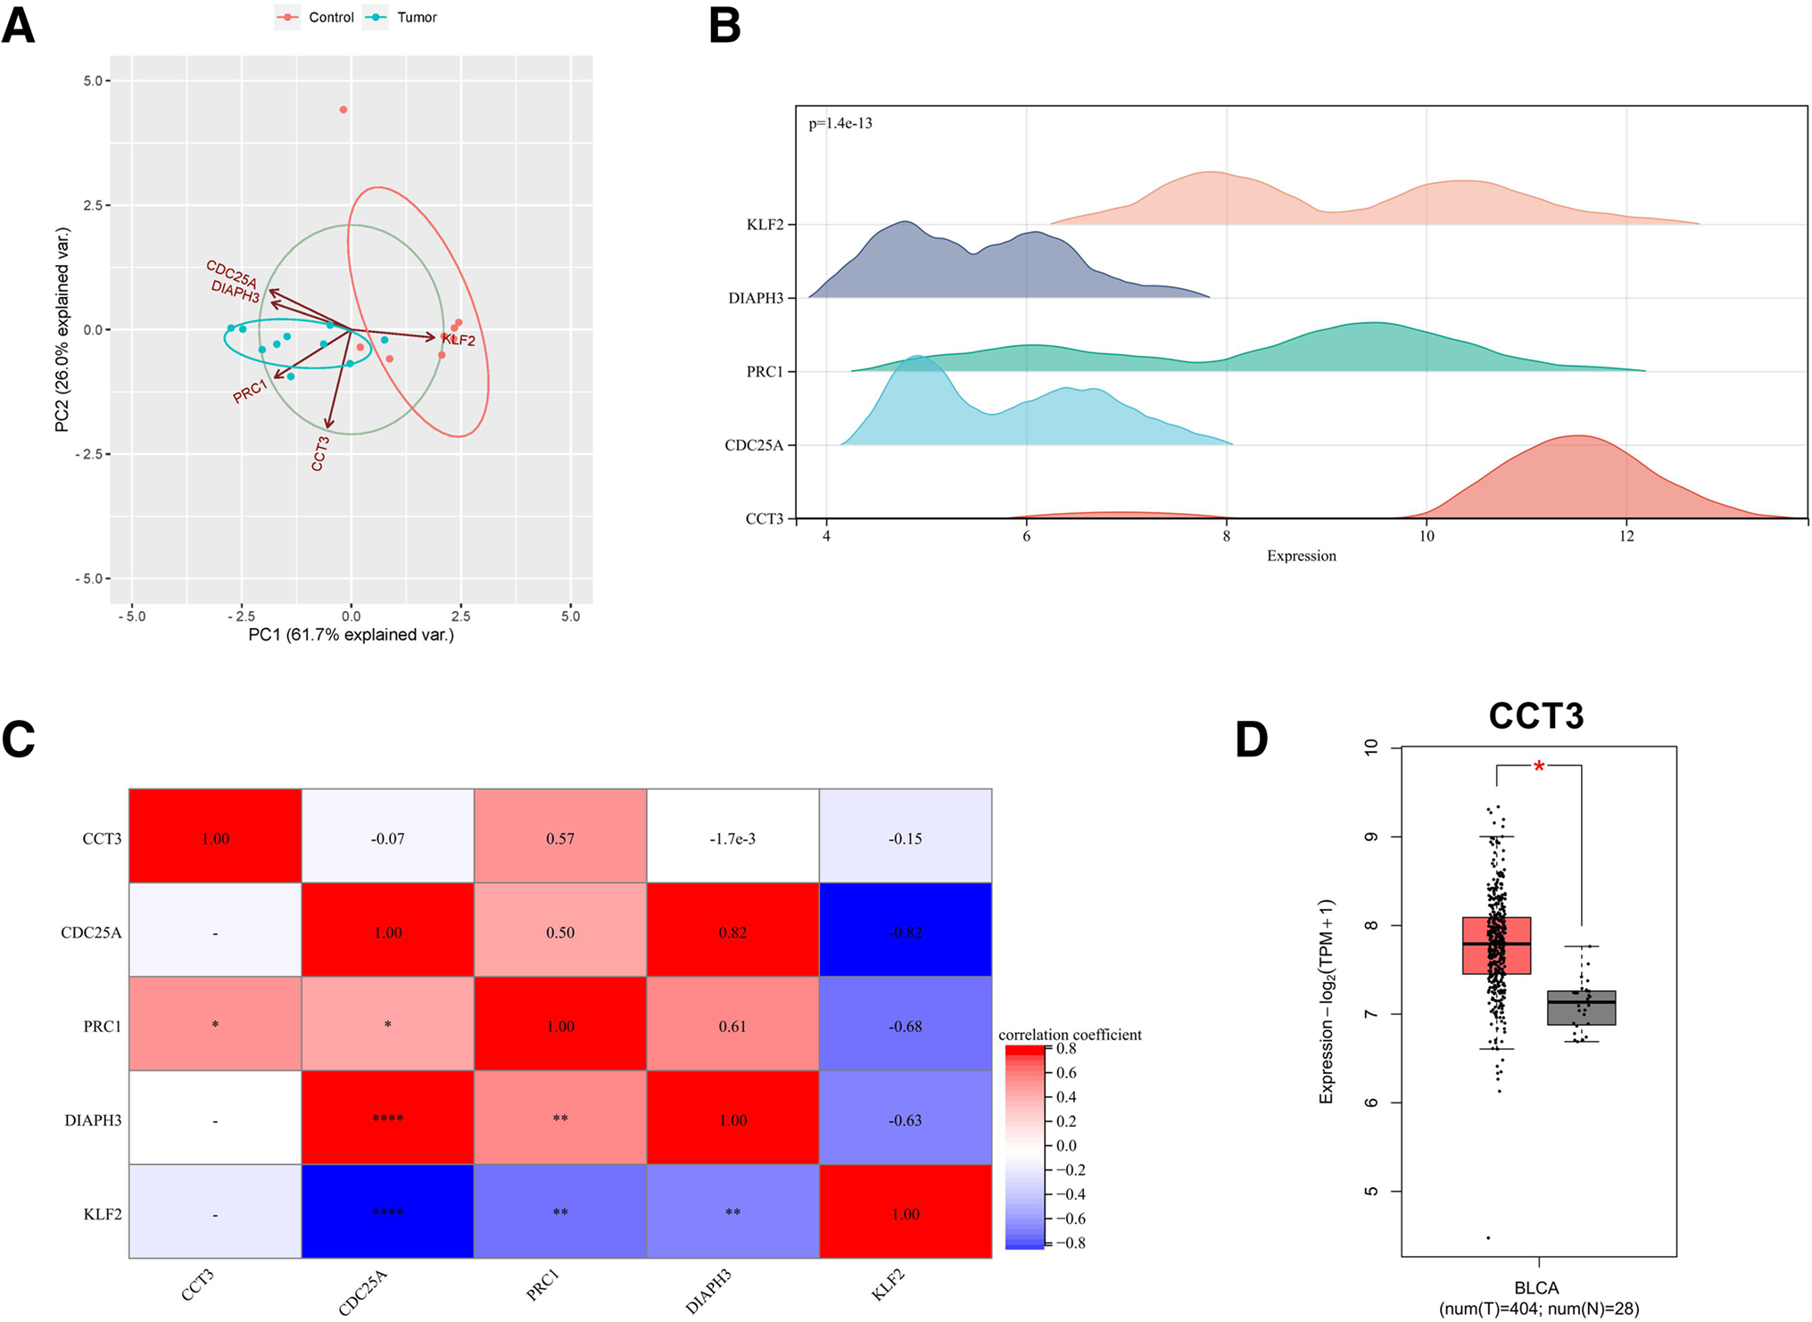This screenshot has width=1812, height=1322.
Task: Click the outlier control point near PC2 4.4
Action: pos(343,110)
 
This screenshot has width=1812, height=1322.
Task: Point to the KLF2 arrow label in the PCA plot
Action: pos(459,340)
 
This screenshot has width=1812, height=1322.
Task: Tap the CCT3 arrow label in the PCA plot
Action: pos(320,453)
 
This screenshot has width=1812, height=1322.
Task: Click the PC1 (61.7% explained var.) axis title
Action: pos(351,635)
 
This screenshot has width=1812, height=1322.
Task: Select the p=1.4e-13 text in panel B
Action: pos(840,124)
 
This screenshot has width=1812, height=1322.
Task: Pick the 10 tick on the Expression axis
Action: pos(1426,536)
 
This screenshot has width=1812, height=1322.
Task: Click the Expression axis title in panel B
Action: pos(1301,556)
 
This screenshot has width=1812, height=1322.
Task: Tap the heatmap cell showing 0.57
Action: pos(559,839)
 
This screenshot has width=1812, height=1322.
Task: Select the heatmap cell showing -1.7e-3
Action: pos(732,839)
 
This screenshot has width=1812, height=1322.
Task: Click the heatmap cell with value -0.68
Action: pos(905,1026)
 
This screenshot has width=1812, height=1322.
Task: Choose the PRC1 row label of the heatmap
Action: pos(102,1027)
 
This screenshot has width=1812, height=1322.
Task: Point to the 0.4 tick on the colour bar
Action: pos(1066,1097)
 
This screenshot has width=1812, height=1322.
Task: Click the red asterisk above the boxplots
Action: pos(1539,766)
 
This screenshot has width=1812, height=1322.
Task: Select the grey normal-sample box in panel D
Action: pos(1581,1007)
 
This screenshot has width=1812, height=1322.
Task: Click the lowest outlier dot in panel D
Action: pos(1488,1237)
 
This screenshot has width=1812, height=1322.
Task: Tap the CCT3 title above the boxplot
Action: pos(1535,716)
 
